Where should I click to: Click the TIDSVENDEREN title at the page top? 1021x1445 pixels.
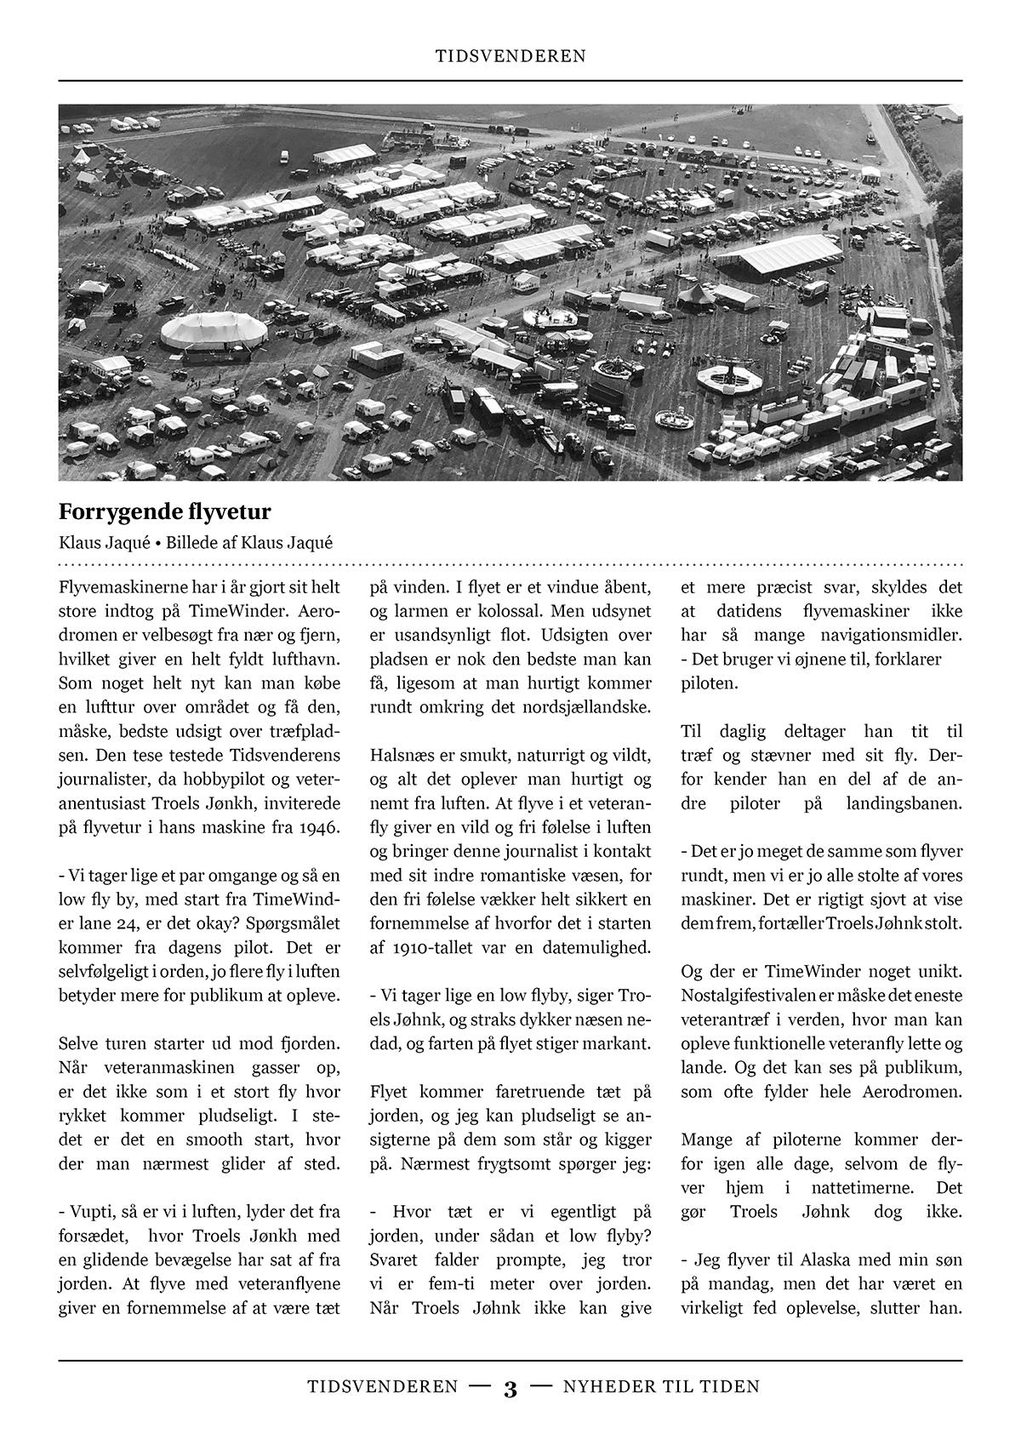[510, 56]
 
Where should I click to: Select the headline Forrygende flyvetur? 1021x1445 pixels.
[164, 511]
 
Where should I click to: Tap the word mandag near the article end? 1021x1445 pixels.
[733, 1283]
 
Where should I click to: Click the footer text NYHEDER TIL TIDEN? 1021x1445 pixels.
[661, 1387]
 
